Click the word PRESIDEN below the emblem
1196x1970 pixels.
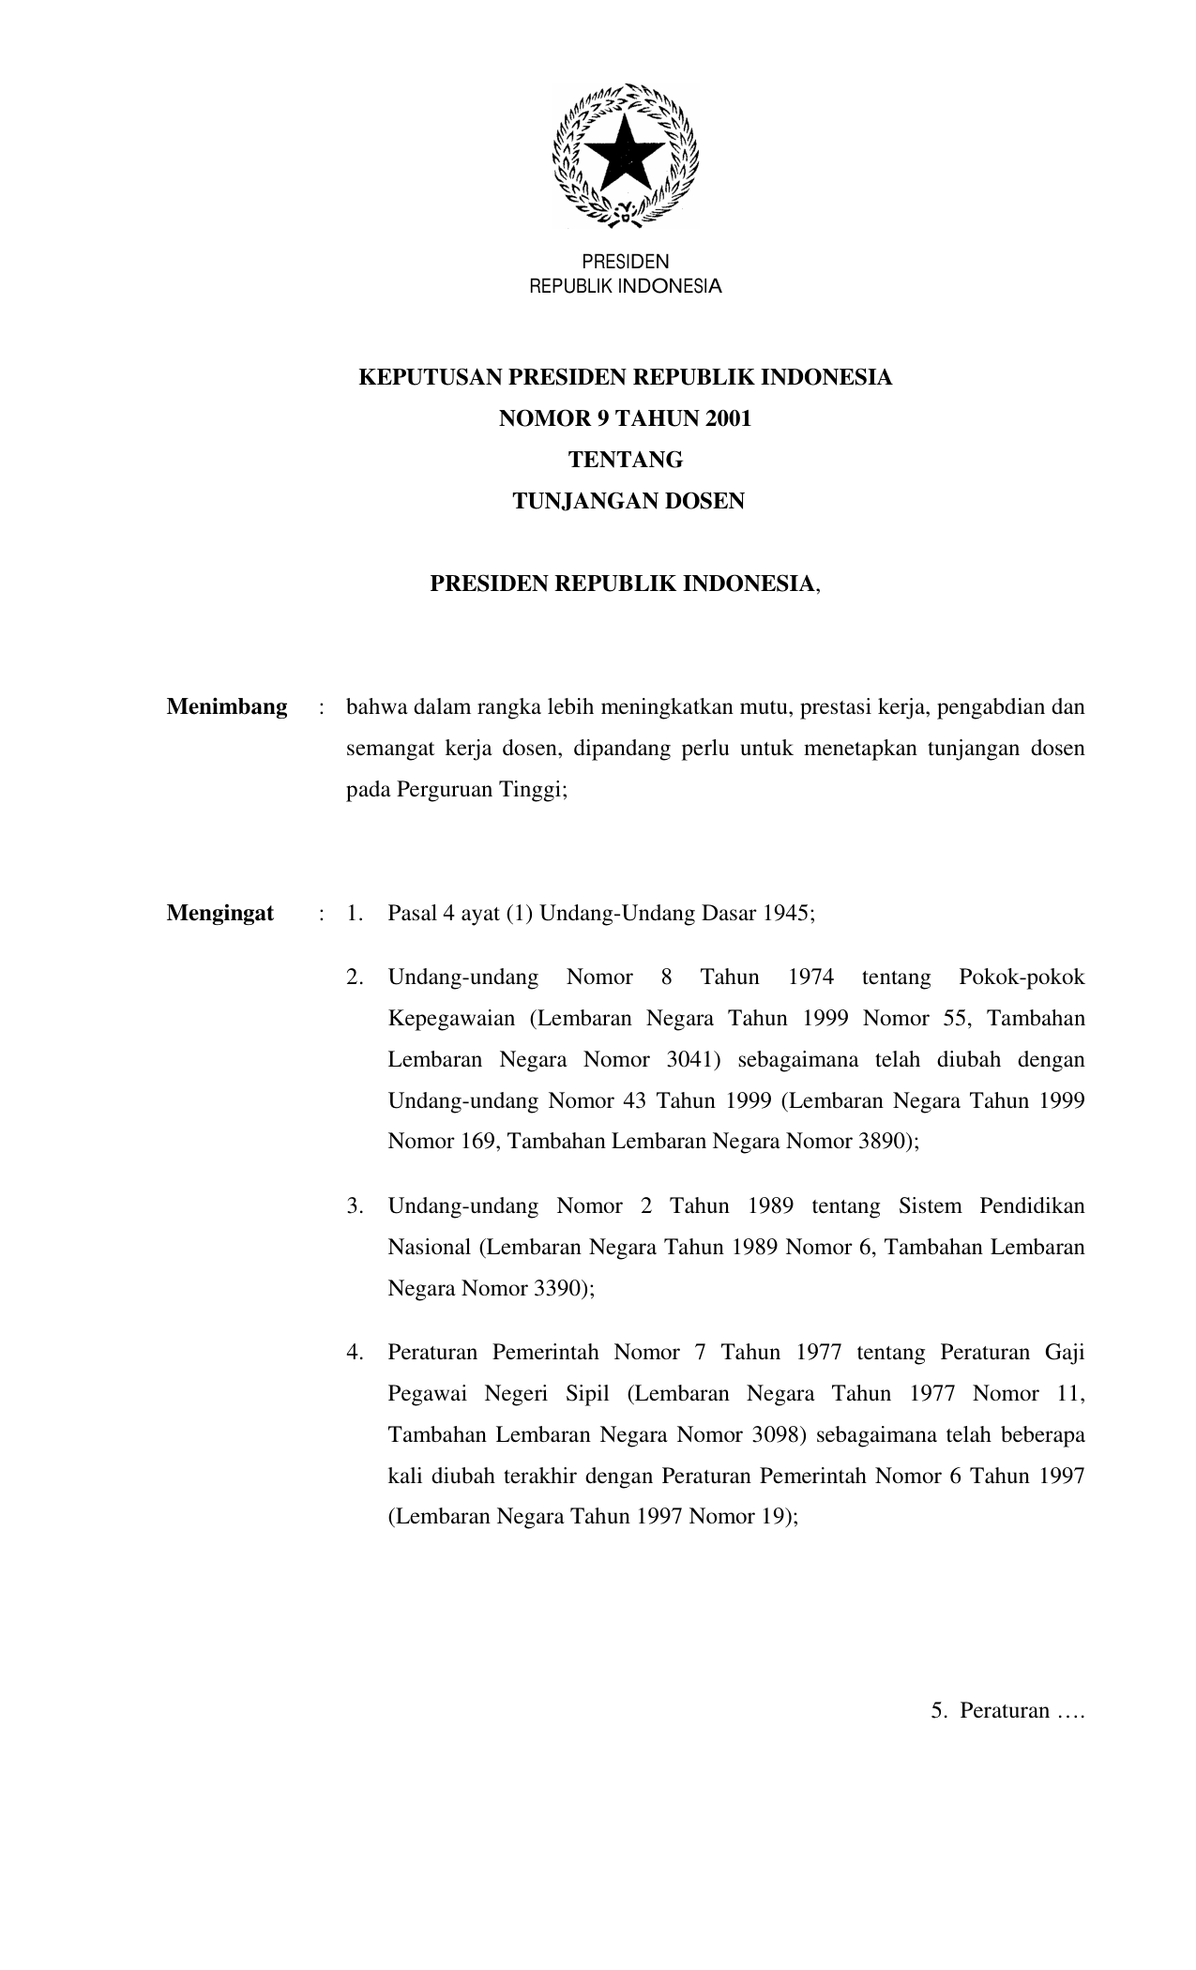(x=626, y=262)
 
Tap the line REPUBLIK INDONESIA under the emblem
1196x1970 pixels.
(x=626, y=286)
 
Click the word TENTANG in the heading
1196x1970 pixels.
(x=626, y=460)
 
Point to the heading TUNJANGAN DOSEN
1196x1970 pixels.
(x=628, y=501)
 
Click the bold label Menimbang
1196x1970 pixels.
(x=227, y=707)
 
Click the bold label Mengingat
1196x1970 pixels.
(x=220, y=913)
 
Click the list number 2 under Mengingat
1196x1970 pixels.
(x=355, y=977)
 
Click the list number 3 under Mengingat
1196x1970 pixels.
(x=355, y=1206)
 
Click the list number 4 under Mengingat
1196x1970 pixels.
(x=355, y=1353)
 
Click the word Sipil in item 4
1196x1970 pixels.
(x=588, y=1394)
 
